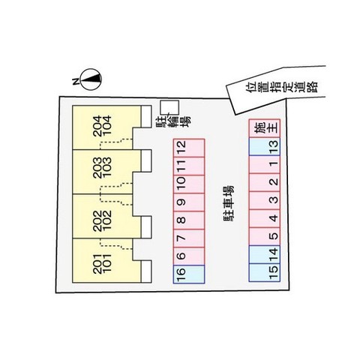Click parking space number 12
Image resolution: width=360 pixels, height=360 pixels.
coord(189,148)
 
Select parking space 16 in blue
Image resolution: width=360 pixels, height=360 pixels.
coord(189,274)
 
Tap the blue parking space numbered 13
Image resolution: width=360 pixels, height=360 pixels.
coord(265,146)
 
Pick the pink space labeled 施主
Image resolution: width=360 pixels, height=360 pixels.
coord(265,128)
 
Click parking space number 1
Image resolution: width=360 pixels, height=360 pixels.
coord(265,164)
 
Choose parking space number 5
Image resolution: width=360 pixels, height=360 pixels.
coord(265,236)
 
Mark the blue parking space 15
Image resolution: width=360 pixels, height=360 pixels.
coord(265,272)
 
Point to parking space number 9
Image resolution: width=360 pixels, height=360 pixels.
coord(189,202)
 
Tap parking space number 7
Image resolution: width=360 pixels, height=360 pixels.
coord(189,238)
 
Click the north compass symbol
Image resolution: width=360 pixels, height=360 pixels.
coord(91,79)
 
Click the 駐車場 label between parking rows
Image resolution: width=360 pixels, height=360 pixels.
coord(229,204)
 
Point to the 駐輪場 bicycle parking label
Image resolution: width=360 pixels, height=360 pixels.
coord(174,122)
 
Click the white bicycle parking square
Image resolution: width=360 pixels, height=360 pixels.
coord(169,108)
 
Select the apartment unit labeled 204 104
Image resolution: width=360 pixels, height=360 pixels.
coord(106,127)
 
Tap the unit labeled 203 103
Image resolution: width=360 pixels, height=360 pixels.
coord(106,172)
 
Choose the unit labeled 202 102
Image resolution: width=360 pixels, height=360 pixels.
coord(106,216)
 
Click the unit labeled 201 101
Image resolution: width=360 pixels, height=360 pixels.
coord(106,261)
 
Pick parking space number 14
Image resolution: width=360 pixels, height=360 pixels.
coord(265,254)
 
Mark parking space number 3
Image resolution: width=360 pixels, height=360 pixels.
coord(265,200)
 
